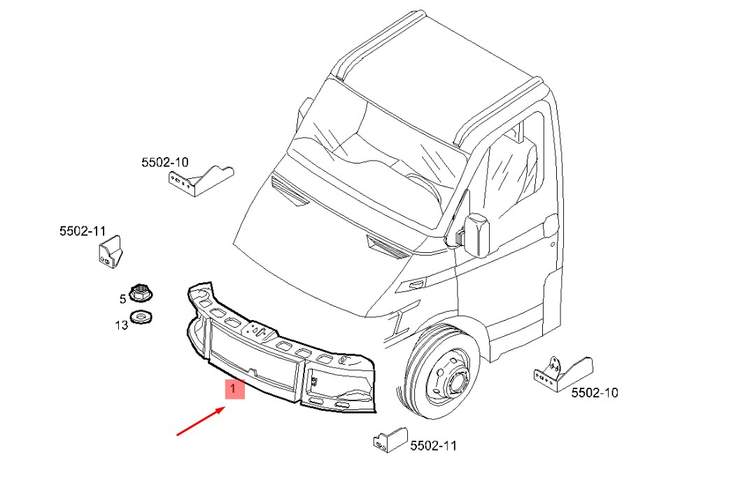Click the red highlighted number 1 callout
(x=235, y=389)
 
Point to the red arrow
(x=201, y=421)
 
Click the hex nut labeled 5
(x=141, y=293)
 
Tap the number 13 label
(x=121, y=325)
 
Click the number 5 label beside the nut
(x=122, y=299)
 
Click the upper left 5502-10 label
(x=165, y=162)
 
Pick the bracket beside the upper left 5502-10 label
(x=201, y=180)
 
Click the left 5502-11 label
(x=83, y=231)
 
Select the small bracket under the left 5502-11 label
(x=110, y=252)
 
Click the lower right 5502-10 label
(x=595, y=393)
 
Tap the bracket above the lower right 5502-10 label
(x=563, y=374)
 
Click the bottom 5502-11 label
(x=433, y=446)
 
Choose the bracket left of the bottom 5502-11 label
(x=390, y=440)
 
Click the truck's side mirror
(x=476, y=235)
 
